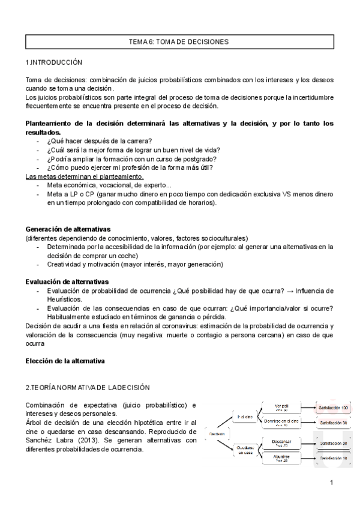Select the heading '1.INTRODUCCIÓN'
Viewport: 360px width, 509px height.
[54, 62]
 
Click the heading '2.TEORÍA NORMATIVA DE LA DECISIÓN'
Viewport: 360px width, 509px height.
[88, 387]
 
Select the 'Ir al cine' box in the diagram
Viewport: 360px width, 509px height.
[244, 416]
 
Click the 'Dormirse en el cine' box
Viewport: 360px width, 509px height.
[281, 423]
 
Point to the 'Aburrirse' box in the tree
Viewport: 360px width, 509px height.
[281, 459]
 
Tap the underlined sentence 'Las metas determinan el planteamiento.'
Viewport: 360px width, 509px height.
[85, 176]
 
